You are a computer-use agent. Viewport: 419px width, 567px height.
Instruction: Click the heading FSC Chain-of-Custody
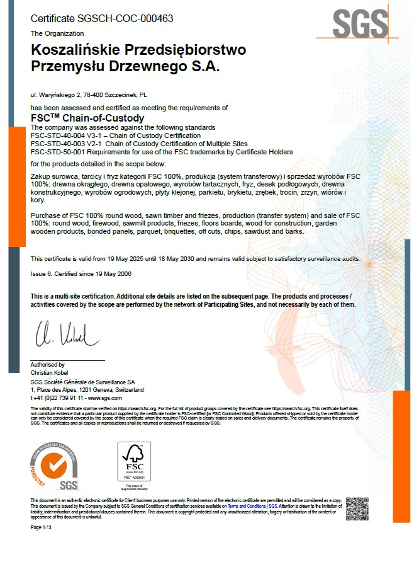[x=87, y=118]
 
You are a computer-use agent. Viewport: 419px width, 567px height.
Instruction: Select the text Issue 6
[x=43, y=273]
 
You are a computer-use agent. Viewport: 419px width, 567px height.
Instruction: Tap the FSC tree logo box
[x=134, y=462]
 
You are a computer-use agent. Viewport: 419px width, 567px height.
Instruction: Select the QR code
[x=357, y=508]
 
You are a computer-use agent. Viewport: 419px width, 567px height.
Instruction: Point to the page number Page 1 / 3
[x=43, y=527]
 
